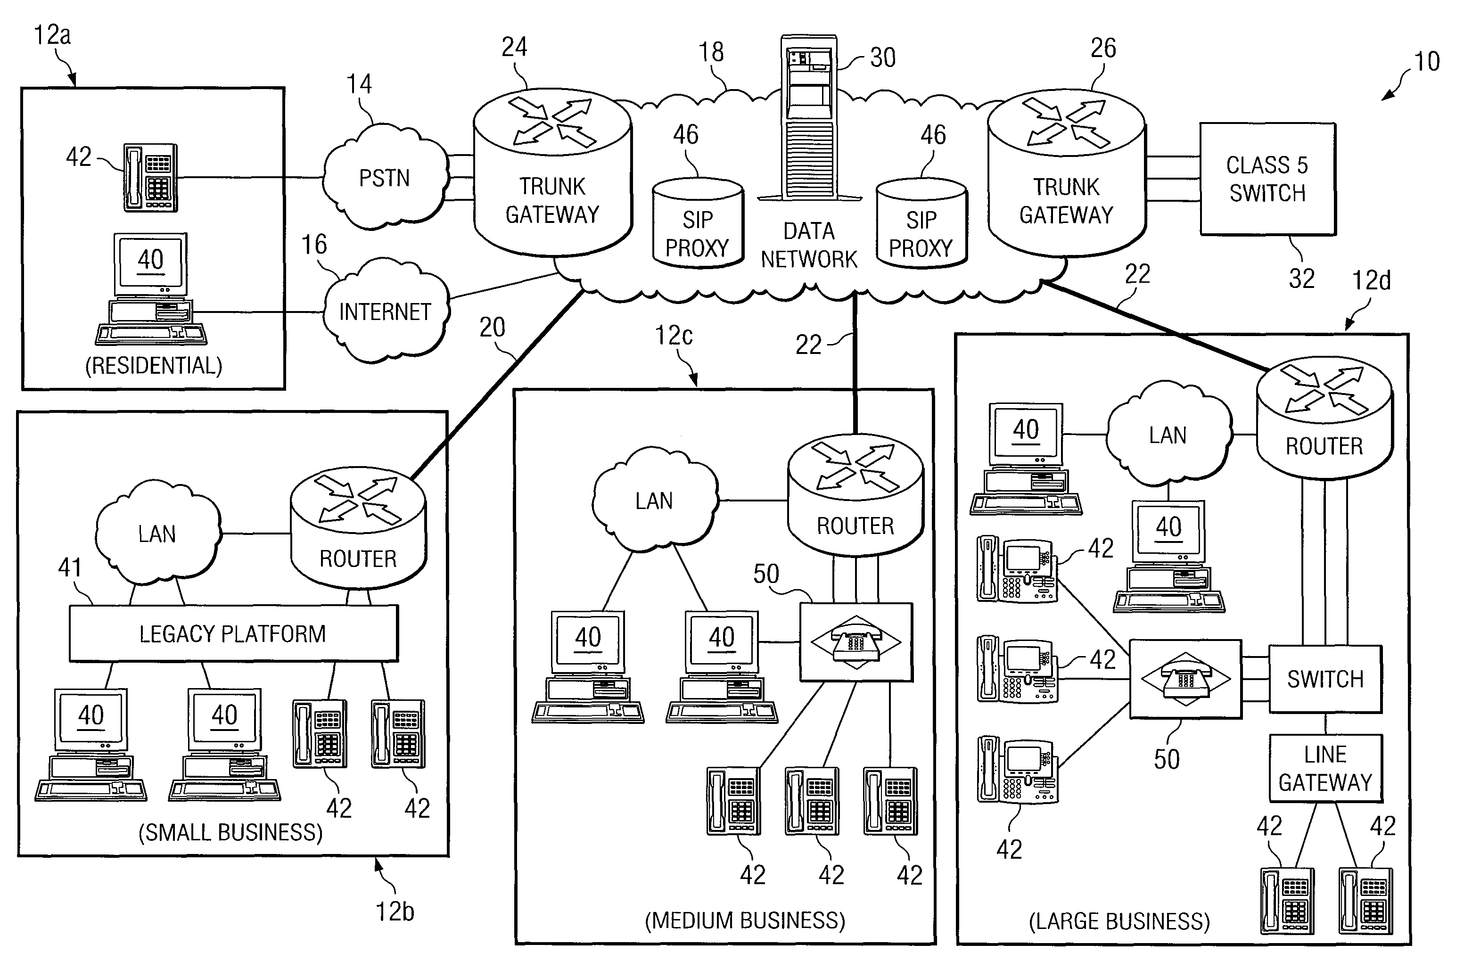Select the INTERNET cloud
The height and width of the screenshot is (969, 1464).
[x=385, y=311]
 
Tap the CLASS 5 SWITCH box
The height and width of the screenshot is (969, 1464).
[x=1267, y=179]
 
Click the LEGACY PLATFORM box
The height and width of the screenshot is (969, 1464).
[x=233, y=633]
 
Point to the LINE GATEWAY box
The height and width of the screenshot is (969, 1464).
[x=1325, y=768]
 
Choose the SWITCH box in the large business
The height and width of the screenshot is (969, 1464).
[x=1325, y=679]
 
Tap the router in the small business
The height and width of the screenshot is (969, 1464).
[x=358, y=528]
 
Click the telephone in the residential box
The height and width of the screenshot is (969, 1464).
[x=150, y=178]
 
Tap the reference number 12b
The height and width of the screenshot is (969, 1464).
[x=395, y=912]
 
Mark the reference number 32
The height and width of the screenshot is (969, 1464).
[x=1301, y=279]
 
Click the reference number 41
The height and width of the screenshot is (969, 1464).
[x=70, y=567]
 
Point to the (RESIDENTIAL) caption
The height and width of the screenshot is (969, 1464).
[x=153, y=365]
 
